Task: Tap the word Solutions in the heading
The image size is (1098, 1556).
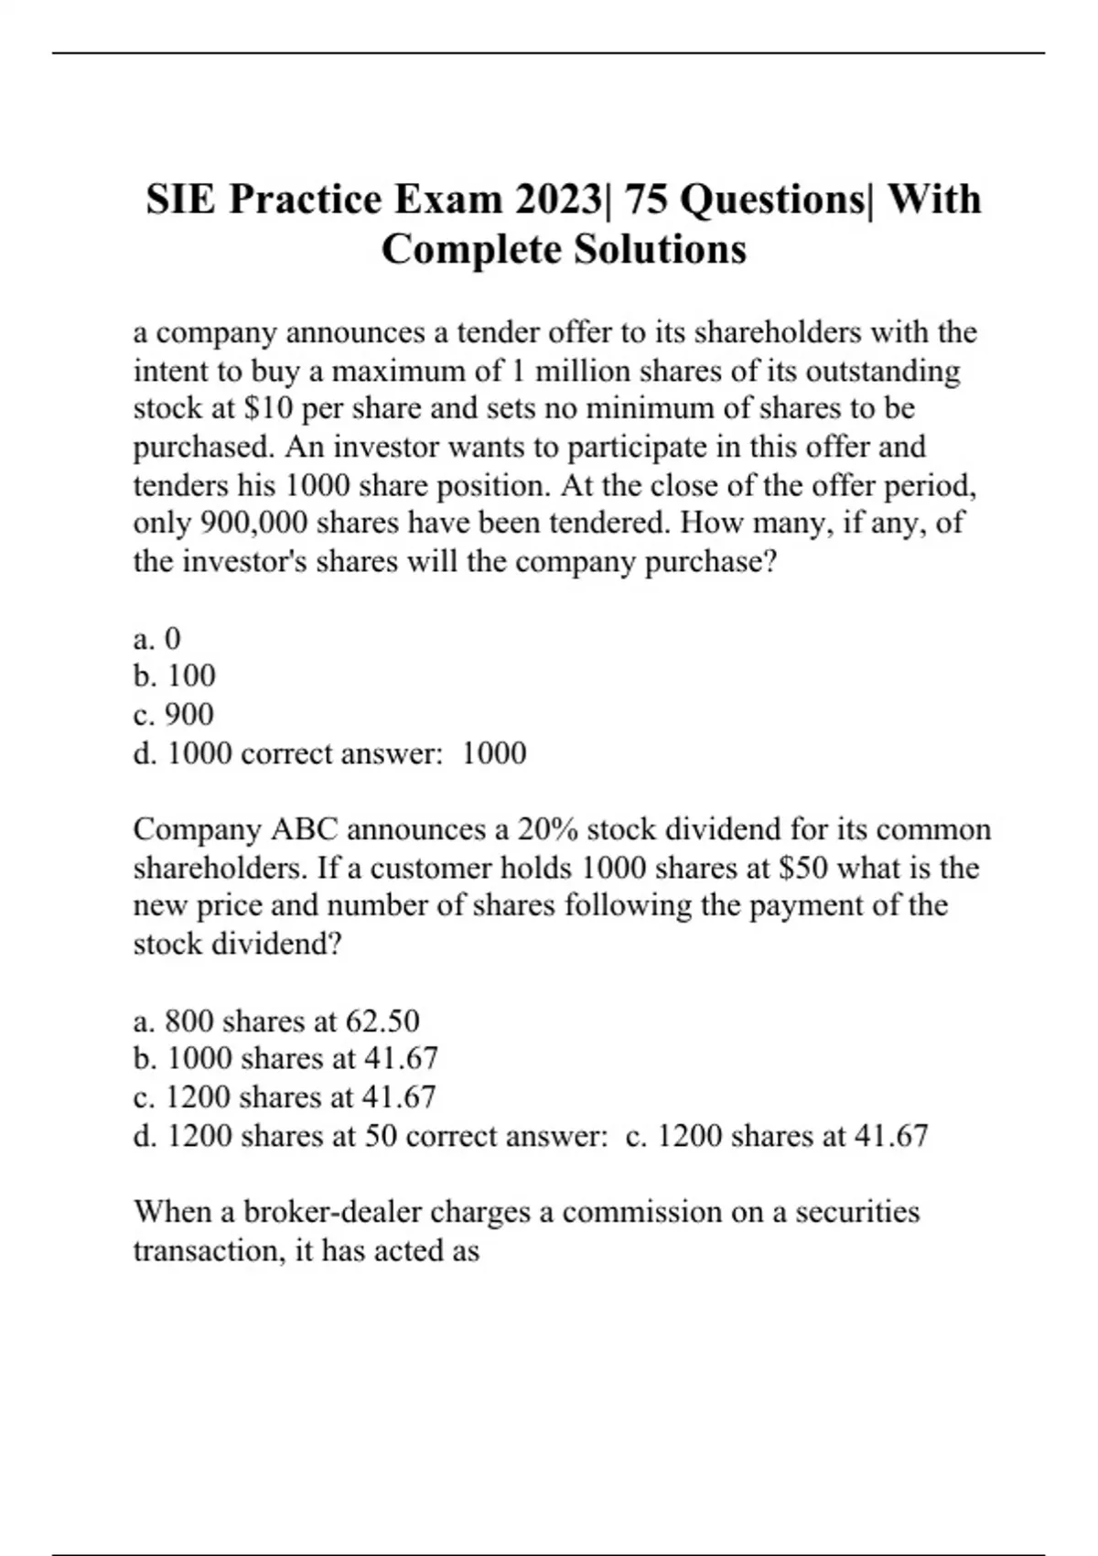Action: pyautogui.click(x=651, y=249)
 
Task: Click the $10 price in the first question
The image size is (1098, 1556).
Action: pyautogui.click(x=267, y=408)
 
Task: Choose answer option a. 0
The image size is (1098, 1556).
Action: pyautogui.click(x=157, y=638)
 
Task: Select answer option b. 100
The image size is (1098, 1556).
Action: pyautogui.click(x=174, y=675)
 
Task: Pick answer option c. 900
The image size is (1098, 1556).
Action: pyautogui.click(x=173, y=714)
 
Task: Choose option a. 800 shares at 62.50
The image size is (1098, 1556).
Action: pyautogui.click(x=276, y=1021)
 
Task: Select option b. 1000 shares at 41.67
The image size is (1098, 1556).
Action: pyautogui.click(x=285, y=1058)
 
